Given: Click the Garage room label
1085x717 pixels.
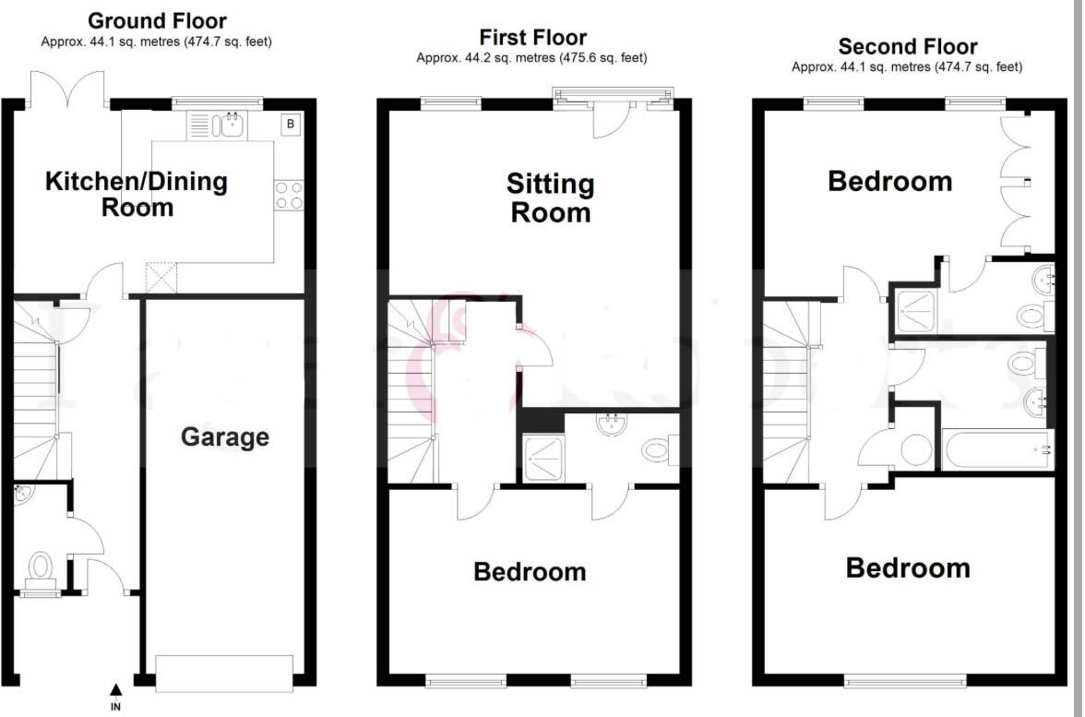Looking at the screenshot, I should tap(224, 436).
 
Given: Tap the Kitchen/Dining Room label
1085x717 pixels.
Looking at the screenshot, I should tap(137, 194).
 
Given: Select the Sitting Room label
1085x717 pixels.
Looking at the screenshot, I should tap(550, 198).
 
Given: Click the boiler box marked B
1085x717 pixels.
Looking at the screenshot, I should tap(291, 124).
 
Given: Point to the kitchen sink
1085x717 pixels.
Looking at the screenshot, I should tap(231, 125).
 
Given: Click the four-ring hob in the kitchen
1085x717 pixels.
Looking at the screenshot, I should tap(289, 195).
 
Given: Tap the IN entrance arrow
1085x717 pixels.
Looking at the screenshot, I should tap(115, 688).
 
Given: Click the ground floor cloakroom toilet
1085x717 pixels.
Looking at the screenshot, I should tap(41, 567).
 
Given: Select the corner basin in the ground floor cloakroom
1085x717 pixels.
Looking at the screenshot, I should tap(22, 495).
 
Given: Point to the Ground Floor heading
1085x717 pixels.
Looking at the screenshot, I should tap(156, 20).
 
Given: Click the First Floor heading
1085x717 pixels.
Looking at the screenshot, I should tap(532, 38).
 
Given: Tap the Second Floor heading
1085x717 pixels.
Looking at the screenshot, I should tap(907, 46).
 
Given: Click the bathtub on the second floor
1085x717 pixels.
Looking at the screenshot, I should tap(996, 450).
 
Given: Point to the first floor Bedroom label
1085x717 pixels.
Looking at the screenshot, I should tap(530, 572).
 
